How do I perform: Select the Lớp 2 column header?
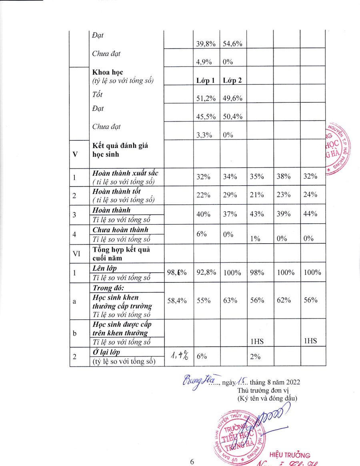click(x=232, y=80)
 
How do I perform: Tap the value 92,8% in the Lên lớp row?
click(x=206, y=272)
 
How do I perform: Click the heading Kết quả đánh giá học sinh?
click(x=120, y=150)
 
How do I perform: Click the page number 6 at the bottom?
click(x=192, y=462)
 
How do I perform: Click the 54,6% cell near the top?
click(x=232, y=44)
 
